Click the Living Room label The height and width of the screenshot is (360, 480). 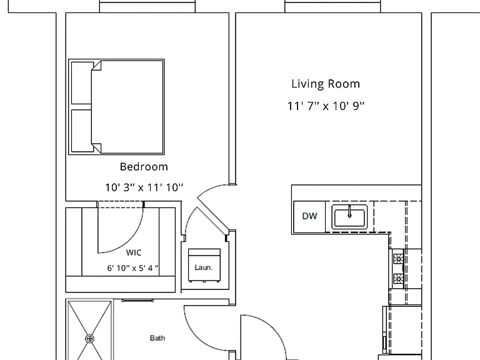(326, 84)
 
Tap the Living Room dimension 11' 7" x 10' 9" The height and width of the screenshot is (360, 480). (326, 106)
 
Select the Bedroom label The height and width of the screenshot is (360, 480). (144, 166)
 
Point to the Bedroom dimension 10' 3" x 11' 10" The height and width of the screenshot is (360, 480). (144, 187)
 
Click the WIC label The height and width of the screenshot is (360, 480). (134, 252)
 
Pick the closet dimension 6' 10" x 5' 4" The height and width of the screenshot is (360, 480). (133, 268)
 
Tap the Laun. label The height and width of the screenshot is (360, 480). (204, 267)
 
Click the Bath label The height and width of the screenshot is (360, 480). (157, 338)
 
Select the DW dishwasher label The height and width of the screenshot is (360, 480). (309, 216)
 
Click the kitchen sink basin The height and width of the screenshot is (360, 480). (349, 217)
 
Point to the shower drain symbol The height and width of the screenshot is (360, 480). (89, 339)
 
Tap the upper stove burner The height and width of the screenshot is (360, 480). (398, 259)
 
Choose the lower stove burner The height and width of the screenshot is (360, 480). (398, 278)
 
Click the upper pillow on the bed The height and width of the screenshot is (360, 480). (81, 83)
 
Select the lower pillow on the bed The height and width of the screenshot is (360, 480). (81, 131)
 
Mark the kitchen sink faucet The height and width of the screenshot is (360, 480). (349, 211)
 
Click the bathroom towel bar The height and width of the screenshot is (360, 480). (137, 301)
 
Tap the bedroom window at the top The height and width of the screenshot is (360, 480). (147, 7)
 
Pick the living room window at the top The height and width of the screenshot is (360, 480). (332, 7)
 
